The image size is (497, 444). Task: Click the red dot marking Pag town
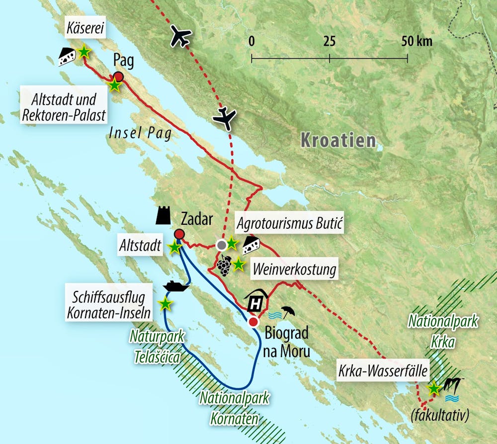(118, 77)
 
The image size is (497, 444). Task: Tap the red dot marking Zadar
(179, 234)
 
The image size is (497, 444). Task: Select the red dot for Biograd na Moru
(253, 322)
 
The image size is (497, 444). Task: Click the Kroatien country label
(338, 140)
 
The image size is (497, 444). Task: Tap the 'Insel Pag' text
(141, 133)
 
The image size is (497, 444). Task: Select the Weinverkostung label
(294, 270)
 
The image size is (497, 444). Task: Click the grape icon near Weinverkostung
(224, 266)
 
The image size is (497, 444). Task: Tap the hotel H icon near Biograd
(256, 301)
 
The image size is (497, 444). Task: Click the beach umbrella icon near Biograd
(287, 312)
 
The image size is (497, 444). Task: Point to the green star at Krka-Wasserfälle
(434, 388)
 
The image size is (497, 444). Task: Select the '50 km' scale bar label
(417, 41)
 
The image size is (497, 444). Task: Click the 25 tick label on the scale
(330, 41)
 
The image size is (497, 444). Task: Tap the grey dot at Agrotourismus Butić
(222, 245)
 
